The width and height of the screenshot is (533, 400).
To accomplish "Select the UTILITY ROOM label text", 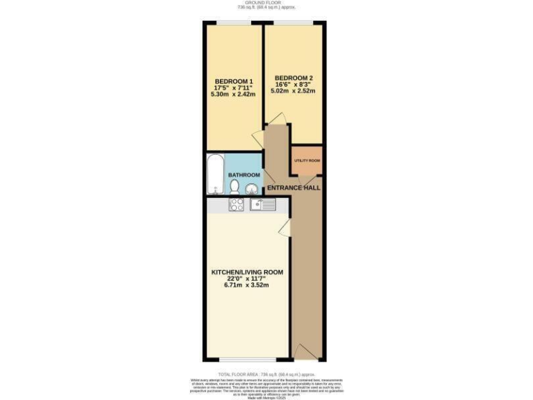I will pyautogui.click(x=307, y=160).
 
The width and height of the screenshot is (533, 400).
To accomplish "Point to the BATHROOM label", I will pyautogui.click(x=246, y=175).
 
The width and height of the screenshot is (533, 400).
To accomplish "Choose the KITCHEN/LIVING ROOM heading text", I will pyautogui.click(x=246, y=272).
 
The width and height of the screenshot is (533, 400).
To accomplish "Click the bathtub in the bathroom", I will pyautogui.click(x=214, y=174).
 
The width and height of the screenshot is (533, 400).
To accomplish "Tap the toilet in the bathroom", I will pyautogui.click(x=235, y=187).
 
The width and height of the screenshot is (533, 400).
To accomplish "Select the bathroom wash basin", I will pyautogui.click(x=251, y=188).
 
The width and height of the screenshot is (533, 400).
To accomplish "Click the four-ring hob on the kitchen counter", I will pyautogui.click(x=236, y=204).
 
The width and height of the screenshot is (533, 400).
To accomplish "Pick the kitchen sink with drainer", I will pyautogui.click(x=263, y=204).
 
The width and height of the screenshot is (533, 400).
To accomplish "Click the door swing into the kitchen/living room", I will pyautogui.click(x=285, y=230).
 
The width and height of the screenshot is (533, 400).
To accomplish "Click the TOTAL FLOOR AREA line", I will pyautogui.click(x=266, y=374).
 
